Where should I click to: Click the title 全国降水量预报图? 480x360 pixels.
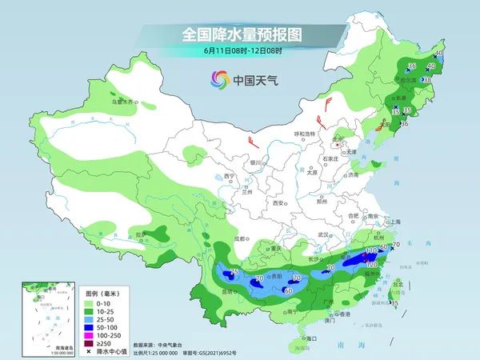[x=239, y=35]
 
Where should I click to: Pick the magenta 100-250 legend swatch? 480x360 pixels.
[x=90, y=336]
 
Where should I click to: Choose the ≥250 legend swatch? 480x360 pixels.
[x=90, y=344]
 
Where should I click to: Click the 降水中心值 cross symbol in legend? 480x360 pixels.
[x=89, y=353]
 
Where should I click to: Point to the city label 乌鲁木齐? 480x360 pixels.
[x=123, y=102]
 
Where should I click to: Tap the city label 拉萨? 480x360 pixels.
[x=142, y=234]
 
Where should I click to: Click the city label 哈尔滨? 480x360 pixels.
[x=408, y=80]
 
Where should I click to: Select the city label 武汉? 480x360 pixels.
[x=323, y=234]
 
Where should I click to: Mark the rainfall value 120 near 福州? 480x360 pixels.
[x=371, y=265]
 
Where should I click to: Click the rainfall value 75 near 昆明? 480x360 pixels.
[x=234, y=272]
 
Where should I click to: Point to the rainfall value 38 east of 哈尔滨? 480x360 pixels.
[x=427, y=80]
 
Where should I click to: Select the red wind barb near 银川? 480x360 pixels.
[x=254, y=142]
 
